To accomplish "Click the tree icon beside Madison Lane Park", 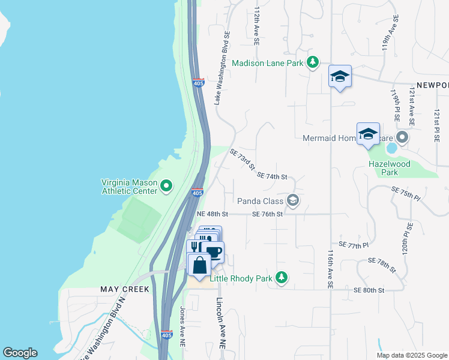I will point(312,63).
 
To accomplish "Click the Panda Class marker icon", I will point(293,201).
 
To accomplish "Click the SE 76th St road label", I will point(267,214).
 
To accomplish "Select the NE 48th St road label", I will point(213,214).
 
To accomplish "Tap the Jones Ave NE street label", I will point(182,326).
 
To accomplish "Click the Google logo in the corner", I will point(20,353).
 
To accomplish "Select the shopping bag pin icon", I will point(199,264).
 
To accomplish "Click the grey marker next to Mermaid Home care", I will point(402,138).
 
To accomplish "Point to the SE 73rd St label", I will point(243,159).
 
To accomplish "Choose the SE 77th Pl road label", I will point(354,245).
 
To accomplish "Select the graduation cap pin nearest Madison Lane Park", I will point(340,76).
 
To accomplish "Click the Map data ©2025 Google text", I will point(412,355).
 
